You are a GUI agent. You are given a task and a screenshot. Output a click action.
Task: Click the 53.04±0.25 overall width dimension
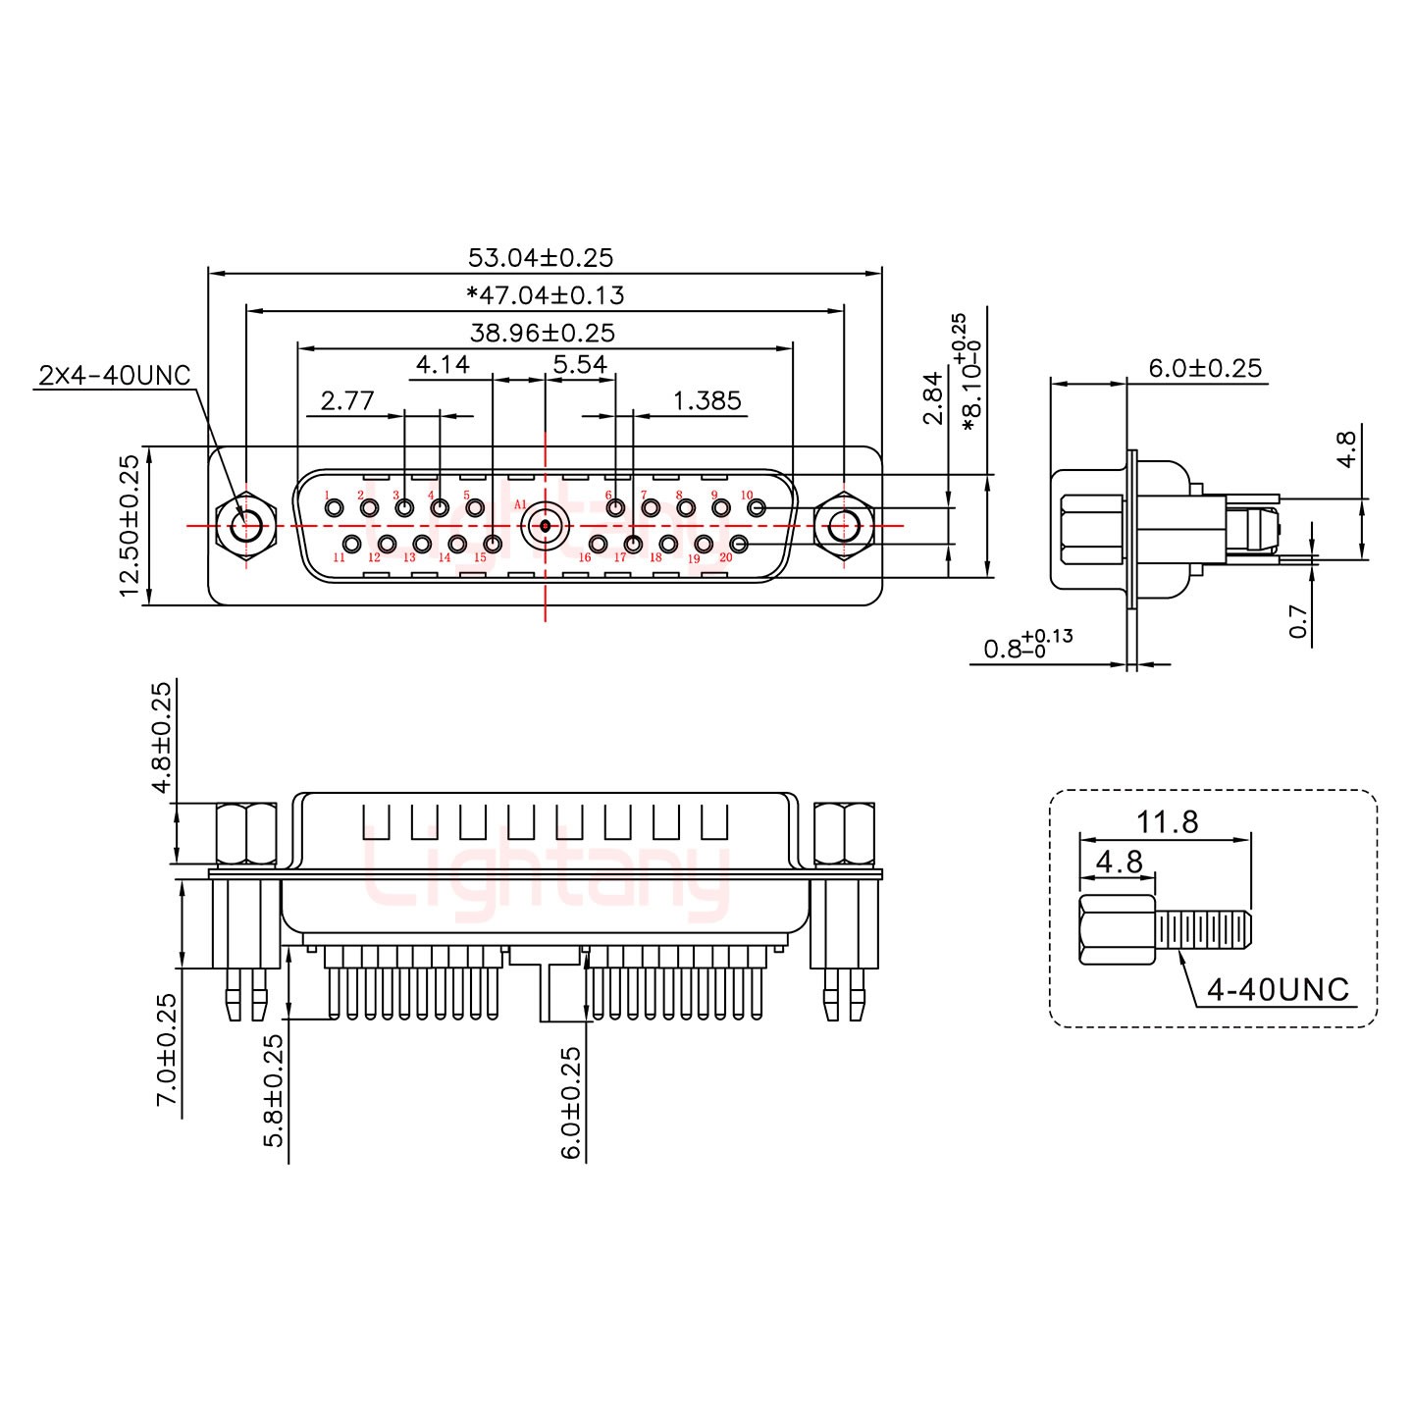coord(541,258)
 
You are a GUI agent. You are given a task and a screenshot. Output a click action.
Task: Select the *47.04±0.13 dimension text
coord(545,295)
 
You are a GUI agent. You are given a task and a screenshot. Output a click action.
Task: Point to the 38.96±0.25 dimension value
coord(543,333)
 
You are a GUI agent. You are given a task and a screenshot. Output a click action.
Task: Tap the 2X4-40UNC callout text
coord(115,375)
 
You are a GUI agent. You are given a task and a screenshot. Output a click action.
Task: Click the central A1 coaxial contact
coord(545,526)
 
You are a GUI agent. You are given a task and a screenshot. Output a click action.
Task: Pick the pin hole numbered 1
coord(335,507)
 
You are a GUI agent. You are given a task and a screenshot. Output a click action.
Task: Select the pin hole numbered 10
coord(757,507)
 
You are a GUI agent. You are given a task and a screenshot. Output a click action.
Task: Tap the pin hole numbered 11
coord(351,544)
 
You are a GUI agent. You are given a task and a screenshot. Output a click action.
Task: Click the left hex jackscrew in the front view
coord(245,526)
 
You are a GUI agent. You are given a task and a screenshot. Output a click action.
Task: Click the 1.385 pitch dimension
coord(706,400)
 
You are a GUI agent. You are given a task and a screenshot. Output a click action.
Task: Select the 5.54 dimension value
coord(580,365)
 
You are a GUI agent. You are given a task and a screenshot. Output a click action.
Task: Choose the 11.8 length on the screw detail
coord(1168,821)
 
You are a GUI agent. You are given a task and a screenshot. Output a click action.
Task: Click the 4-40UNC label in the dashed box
coord(1278,990)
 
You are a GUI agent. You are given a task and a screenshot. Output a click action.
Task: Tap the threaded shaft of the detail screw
coord(1204,929)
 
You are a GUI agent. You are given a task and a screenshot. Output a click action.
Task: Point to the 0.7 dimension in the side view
coord(1297,621)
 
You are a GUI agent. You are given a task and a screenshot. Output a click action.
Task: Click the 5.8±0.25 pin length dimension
coord(274,1090)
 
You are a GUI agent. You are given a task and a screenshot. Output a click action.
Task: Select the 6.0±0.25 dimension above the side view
coord(1205,368)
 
